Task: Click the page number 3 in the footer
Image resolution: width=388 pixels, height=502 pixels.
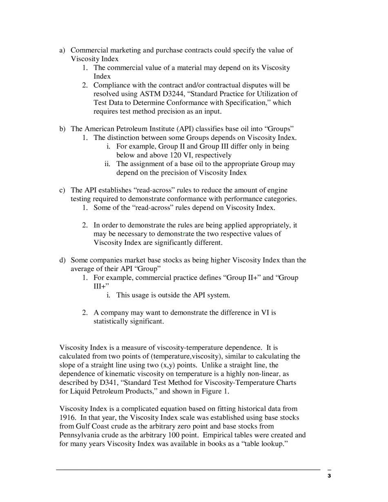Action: point(329,476)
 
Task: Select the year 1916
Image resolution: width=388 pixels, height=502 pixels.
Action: point(68,418)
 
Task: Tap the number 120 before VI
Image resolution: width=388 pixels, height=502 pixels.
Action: point(176,155)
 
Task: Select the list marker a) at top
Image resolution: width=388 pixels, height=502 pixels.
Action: point(62,50)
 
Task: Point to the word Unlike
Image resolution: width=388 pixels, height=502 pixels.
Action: point(212,365)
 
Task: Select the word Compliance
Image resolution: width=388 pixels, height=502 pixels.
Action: point(113,85)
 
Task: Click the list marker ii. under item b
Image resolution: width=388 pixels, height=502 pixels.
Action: point(107,164)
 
